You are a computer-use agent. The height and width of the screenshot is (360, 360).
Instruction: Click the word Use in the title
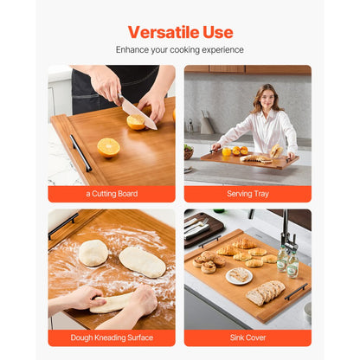point(216,33)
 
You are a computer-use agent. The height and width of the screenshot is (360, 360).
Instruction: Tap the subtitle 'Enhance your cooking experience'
point(180,50)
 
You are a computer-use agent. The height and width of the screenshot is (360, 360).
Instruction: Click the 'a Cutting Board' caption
point(112,194)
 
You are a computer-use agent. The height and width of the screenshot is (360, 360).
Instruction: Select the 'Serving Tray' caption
point(247,194)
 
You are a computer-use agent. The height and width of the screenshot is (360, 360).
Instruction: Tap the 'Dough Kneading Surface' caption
point(112,337)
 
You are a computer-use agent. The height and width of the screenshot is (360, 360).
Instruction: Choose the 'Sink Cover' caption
point(247,337)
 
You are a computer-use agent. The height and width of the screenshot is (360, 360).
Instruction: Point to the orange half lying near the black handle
point(108,147)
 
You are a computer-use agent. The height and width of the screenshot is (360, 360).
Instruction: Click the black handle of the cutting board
point(80,152)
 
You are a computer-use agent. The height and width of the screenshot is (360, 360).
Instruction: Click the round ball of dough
point(93,252)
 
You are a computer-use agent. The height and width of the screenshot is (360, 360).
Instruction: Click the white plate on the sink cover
point(238,275)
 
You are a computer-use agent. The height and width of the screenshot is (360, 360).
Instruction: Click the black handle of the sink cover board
point(296,292)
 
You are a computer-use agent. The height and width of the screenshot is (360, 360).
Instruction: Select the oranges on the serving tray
point(234,151)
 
